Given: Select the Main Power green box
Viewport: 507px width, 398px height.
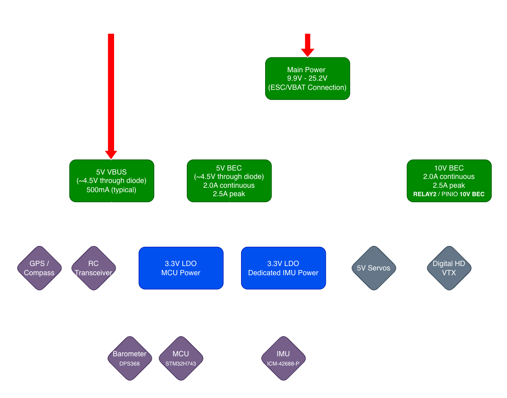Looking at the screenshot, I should (307, 79).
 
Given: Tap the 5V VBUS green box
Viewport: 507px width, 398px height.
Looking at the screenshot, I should (112, 181).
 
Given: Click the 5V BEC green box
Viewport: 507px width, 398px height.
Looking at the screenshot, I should (229, 181).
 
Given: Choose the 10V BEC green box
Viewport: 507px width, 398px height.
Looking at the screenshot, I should (449, 181).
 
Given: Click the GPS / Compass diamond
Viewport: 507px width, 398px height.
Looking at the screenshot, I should (39, 268).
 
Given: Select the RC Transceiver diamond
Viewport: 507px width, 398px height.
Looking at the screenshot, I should (94, 268).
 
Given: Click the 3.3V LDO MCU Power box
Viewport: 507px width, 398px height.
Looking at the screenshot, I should (181, 268).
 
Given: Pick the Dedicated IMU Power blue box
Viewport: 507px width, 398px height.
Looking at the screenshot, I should (283, 268).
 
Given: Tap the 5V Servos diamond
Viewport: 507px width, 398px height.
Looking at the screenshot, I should (374, 268).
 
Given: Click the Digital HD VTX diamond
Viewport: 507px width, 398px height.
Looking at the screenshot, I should (449, 268).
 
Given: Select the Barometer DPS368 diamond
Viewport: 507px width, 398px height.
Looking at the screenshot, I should (130, 358).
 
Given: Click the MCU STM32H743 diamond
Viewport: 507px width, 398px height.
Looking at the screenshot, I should (181, 358).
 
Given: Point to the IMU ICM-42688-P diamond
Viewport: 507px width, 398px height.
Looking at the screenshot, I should (283, 358).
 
